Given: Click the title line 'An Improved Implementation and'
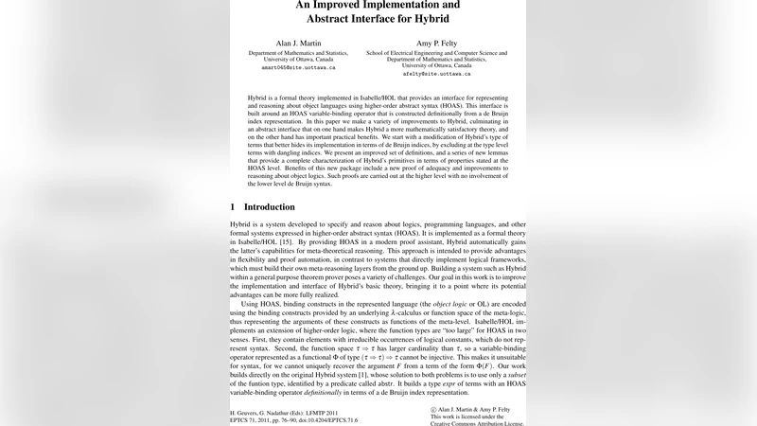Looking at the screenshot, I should (378, 5).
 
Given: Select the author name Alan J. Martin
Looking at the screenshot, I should (299, 44).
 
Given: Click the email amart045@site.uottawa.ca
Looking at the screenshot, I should (299, 67).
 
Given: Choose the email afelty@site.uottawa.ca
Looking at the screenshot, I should (436, 74).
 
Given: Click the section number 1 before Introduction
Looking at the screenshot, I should (233, 206).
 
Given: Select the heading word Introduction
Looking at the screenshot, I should (270, 206).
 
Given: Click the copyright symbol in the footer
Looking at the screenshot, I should (434, 409).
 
